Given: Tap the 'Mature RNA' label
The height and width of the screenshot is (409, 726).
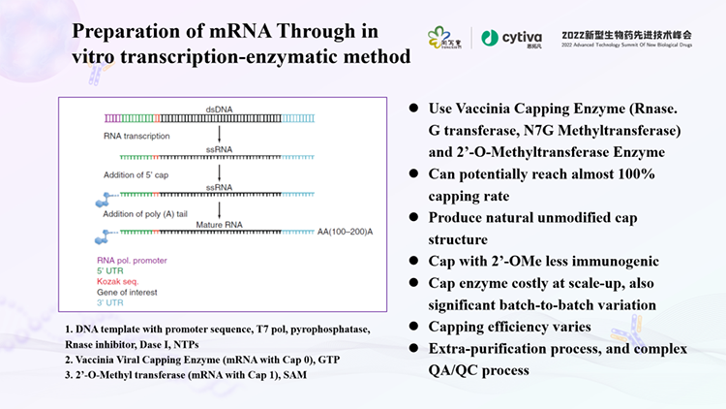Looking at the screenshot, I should tap(219, 224).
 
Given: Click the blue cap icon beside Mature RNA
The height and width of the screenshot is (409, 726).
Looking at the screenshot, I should tap(101, 236).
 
